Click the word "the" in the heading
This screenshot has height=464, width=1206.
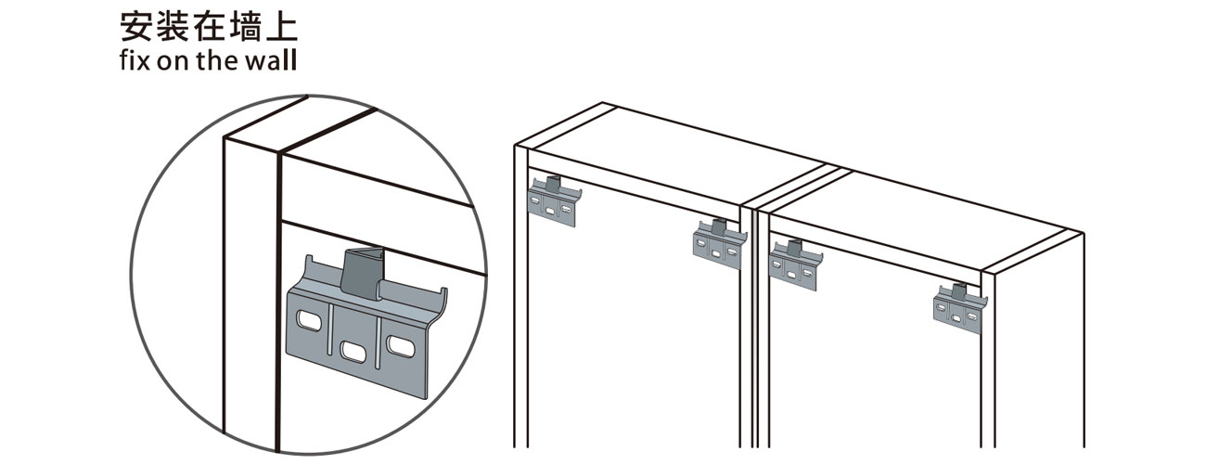pos(218,60)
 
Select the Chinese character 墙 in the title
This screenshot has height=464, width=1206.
pos(243,28)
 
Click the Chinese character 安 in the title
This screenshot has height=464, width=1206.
pos(135,28)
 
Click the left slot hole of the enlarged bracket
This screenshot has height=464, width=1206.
pos(309,321)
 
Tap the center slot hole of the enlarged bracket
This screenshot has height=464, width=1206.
pos(353,352)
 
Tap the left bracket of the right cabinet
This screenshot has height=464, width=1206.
pos(796,264)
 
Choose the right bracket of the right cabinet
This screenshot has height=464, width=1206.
pos(960,308)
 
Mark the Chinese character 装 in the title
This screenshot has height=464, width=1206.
pos(172,28)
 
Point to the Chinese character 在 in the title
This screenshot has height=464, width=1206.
pos(207,28)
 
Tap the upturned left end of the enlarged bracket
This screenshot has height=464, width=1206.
pos(309,268)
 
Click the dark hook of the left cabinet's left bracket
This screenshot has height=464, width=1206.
pos(554,184)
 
